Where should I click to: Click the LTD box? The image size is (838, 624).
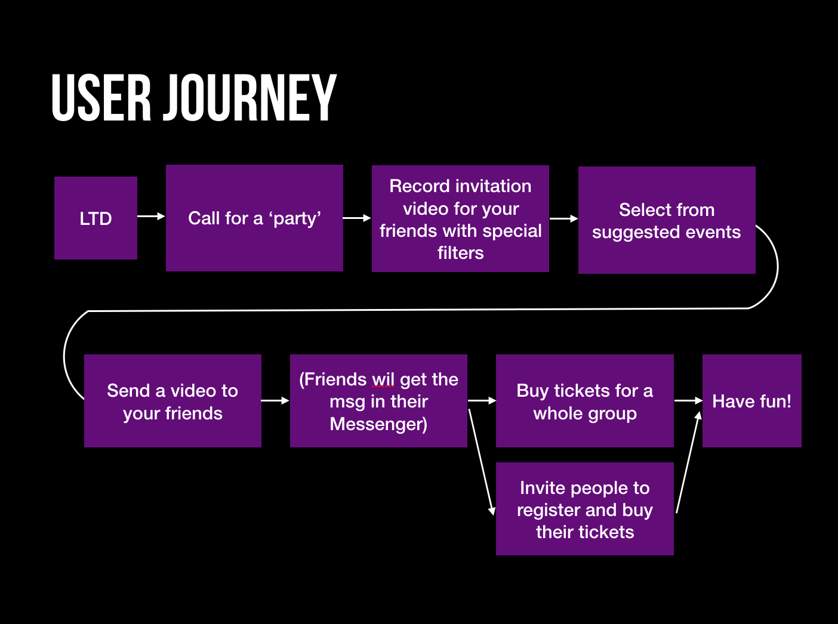click(x=95, y=218)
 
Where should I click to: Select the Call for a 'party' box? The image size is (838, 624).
click(x=254, y=218)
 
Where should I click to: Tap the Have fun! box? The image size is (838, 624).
click(x=751, y=401)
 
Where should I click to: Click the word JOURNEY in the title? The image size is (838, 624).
click(x=251, y=98)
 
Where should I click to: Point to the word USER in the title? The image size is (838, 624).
click(x=101, y=98)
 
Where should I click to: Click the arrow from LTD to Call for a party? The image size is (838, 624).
click(x=151, y=216)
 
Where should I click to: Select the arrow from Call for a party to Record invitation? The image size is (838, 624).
click(x=357, y=218)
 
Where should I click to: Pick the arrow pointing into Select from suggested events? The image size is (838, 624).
click(x=563, y=219)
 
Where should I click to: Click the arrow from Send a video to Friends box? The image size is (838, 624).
click(x=275, y=400)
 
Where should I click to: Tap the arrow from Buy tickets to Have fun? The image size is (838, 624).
click(x=688, y=400)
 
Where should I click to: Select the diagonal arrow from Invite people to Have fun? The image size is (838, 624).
click(x=688, y=462)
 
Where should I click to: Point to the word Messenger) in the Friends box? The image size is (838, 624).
click(x=378, y=424)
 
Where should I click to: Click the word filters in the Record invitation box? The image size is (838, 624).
click(x=460, y=253)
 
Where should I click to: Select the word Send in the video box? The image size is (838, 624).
click(x=128, y=391)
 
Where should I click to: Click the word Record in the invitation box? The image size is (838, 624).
click(x=415, y=186)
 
